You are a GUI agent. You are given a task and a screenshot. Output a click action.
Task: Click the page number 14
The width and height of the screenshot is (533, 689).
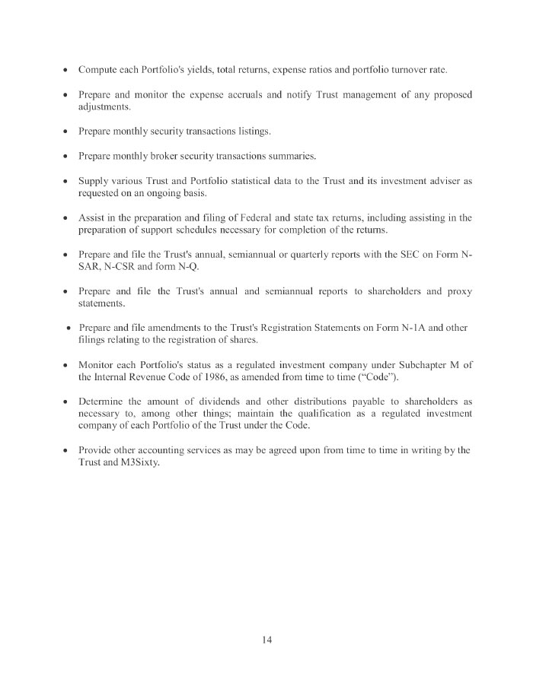(x=266, y=639)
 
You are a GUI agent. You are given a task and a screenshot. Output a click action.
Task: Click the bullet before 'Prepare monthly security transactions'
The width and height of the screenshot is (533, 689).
(x=66, y=132)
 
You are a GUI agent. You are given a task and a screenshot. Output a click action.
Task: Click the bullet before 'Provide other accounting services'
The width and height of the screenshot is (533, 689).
(x=66, y=451)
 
